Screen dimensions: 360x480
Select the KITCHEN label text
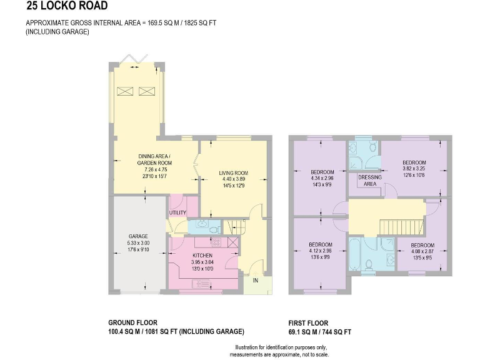point(202,256)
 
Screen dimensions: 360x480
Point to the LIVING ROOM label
point(233,173)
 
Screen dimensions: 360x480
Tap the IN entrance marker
point(255,281)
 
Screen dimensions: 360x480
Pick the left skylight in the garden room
point(126,91)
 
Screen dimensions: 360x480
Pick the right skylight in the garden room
point(146,91)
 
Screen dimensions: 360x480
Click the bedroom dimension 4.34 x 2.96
point(322,179)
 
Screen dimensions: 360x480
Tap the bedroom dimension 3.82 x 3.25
point(414,169)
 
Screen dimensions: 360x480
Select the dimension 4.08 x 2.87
point(422,251)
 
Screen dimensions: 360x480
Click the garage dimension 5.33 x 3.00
point(138,243)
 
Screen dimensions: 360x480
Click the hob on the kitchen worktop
point(216,242)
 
